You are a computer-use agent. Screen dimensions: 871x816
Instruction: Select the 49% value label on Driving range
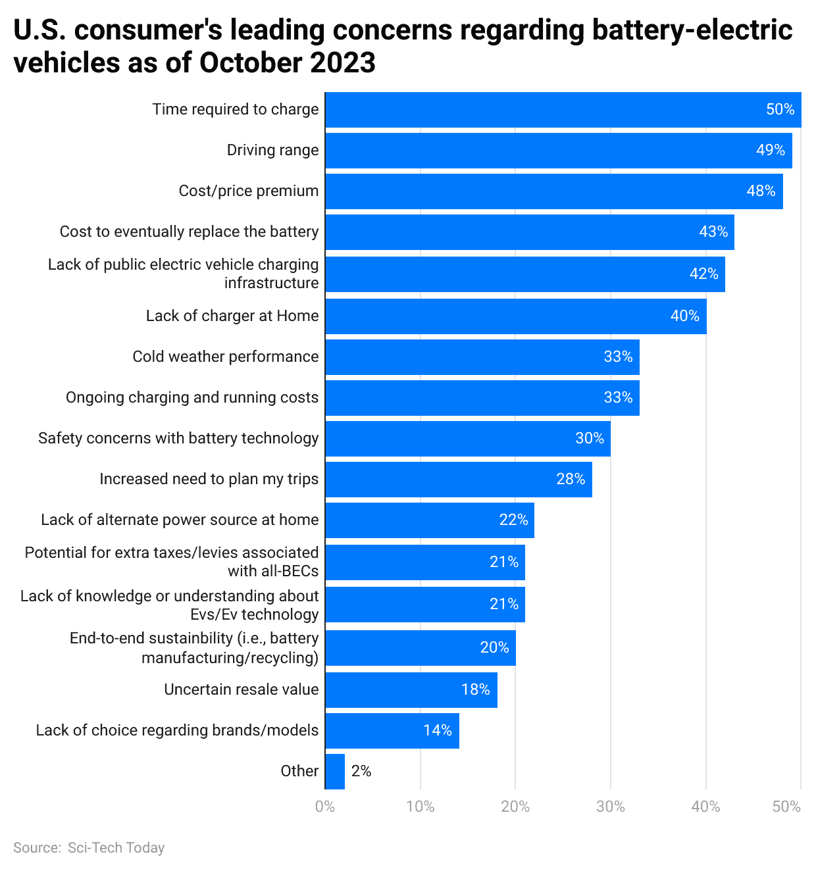[770, 151]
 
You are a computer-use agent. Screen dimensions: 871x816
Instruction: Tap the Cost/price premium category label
[248, 191]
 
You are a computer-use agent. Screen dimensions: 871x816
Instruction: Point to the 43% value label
[713, 232]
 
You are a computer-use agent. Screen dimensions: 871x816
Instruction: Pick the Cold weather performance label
[225, 357]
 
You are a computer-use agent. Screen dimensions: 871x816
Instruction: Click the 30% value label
[589, 439]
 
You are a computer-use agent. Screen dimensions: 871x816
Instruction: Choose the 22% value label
[513, 520]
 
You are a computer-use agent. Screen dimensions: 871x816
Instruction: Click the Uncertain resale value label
[241, 690]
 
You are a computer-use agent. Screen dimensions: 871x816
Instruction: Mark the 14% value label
[437, 731]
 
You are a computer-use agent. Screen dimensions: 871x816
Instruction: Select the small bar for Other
[335, 772]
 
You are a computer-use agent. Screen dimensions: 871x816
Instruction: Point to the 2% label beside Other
[361, 772]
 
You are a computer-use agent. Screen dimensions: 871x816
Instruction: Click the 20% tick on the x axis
[515, 807]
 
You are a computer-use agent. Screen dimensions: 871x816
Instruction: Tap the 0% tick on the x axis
[325, 807]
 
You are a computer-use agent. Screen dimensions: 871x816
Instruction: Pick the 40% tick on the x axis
[705, 807]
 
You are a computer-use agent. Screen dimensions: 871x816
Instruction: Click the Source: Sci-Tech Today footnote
[89, 848]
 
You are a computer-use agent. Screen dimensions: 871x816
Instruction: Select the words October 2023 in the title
[288, 63]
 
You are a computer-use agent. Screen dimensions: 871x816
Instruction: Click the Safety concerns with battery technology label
[178, 439]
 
